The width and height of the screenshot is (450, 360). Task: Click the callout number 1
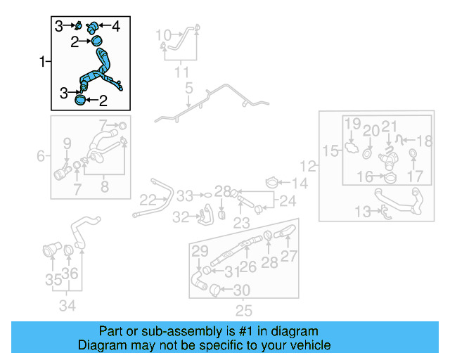point(41,63)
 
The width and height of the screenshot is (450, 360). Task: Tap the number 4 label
point(115,27)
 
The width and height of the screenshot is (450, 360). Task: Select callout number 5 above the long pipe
point(188,89)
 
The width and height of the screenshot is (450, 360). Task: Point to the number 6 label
point(41,155)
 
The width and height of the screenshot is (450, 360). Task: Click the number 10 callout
point(162,34)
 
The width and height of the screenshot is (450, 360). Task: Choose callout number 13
point(361,210)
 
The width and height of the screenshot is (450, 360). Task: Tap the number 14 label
point(300,184)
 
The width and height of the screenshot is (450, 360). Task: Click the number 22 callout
point(147,200)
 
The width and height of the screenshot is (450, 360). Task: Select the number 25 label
point(243,310)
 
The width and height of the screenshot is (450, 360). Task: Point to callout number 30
point(241,289)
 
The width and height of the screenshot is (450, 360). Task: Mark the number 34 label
point(67,305)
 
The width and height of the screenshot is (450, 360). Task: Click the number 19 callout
point(352,124)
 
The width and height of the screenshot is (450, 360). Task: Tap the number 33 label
point(184,195)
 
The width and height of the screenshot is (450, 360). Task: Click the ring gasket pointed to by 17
point(413,155)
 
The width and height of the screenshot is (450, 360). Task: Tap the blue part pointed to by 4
point(96,27)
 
